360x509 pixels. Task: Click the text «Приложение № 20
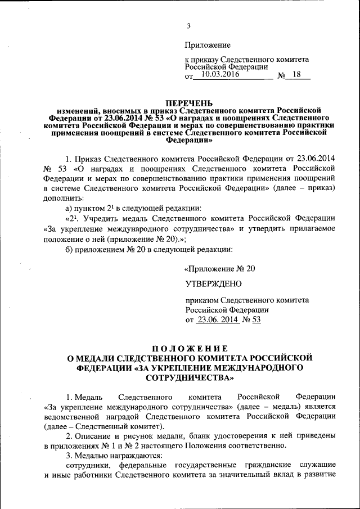pos(220,269)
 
